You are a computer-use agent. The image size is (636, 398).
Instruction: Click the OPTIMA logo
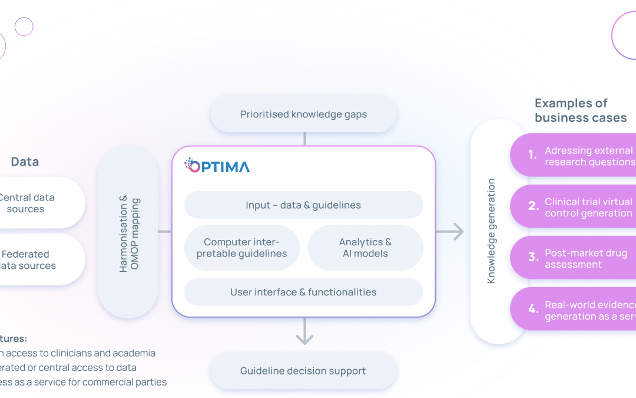tap(217, 166)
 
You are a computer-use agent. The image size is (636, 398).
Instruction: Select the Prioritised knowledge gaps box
tap(303, 114)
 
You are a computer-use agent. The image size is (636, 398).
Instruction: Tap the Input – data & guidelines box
tap(303, 205)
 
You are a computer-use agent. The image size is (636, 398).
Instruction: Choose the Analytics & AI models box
tap(365, 248)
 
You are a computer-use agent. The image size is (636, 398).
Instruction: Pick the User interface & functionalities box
tap(303, 292)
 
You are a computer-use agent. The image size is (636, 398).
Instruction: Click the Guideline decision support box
tap(303, 371)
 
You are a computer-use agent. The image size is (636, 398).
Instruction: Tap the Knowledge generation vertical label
tap(491, 231)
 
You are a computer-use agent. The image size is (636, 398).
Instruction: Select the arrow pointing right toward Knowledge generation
tap(450, 232)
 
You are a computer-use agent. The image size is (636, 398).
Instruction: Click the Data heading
tap(25, 162)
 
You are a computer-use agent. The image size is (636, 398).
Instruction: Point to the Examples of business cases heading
tap(579, 110)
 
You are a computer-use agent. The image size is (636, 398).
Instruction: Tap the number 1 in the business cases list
tap(532, 155)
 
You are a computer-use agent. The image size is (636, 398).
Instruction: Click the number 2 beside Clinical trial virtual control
tap(533, 206)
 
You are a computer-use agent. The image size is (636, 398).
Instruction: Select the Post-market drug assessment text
tap(585, 258)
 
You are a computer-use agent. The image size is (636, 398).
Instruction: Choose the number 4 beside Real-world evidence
tap(533, 309)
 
